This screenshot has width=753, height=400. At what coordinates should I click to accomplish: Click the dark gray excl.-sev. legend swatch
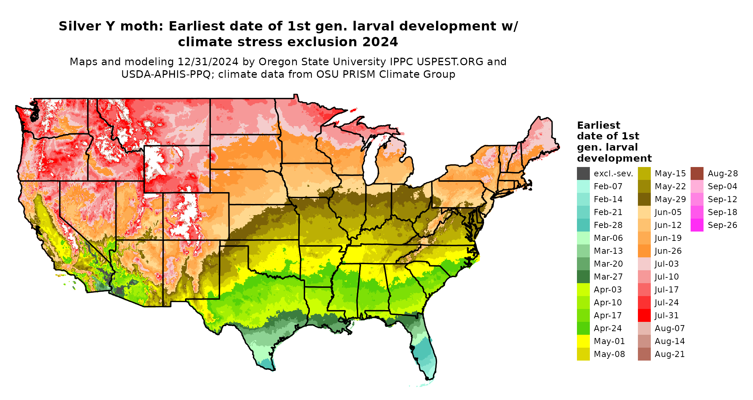[583, 173]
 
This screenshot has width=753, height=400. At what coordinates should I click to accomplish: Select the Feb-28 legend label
[608, 225]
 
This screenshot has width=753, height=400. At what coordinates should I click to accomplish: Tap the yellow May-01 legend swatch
[583, 341]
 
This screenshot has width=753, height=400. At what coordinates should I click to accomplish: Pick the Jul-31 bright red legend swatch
[644, 315]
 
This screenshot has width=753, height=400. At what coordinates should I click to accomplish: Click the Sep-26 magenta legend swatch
[697, 225]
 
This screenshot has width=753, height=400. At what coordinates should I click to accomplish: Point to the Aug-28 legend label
[723, 173]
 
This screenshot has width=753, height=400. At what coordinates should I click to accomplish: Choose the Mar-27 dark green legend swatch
[583, 277]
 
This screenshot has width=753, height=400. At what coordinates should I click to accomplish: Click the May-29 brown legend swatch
[644, 199]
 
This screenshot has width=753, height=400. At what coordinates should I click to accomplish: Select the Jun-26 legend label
[668, 251]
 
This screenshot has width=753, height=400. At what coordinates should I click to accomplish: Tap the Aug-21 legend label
[670, 354]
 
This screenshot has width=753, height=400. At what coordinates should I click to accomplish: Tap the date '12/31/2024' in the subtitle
[208, 62]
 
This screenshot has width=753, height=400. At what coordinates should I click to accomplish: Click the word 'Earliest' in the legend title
[598, 125]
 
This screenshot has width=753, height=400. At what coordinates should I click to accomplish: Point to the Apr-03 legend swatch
[583, 290]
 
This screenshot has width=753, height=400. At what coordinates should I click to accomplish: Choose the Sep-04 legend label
[723, 186]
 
